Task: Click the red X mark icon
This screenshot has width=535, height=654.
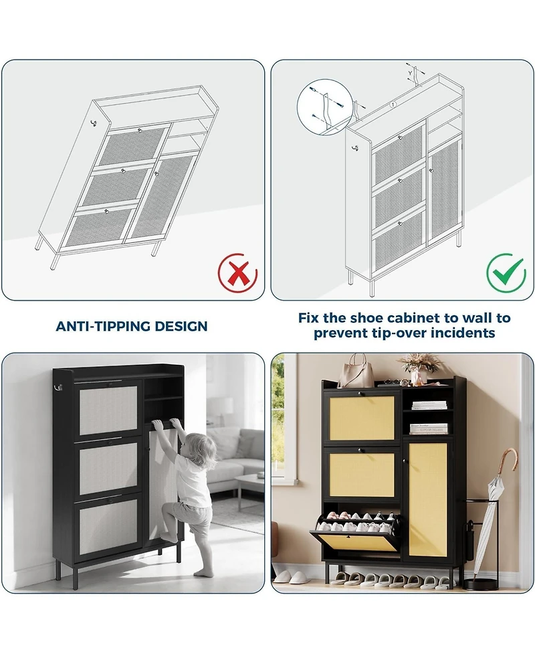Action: pos(238,272)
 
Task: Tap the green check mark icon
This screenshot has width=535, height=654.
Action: pos(506,272)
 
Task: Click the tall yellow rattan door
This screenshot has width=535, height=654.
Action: pos(428,499)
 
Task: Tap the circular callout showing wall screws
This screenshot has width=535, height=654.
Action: pos(324,106)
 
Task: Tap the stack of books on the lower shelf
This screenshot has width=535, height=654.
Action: pos(428,428)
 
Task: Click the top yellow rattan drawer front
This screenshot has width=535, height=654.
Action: pos(362,416)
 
